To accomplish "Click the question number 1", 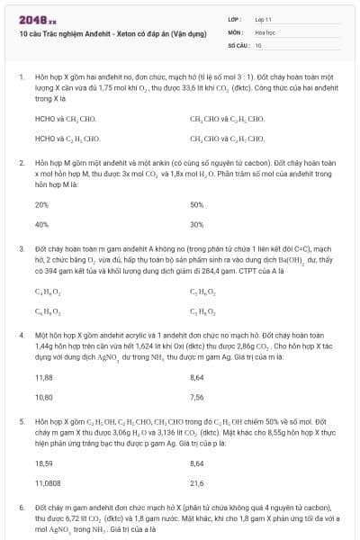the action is pos(20,78).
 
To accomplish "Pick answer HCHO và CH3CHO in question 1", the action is pos(65,118).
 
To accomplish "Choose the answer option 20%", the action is pos(41,204).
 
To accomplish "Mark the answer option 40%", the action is pos(41,224).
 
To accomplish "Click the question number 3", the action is pos(20,247).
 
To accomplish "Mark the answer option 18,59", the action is pos(43,462).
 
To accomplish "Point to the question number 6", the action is pos(20,508).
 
